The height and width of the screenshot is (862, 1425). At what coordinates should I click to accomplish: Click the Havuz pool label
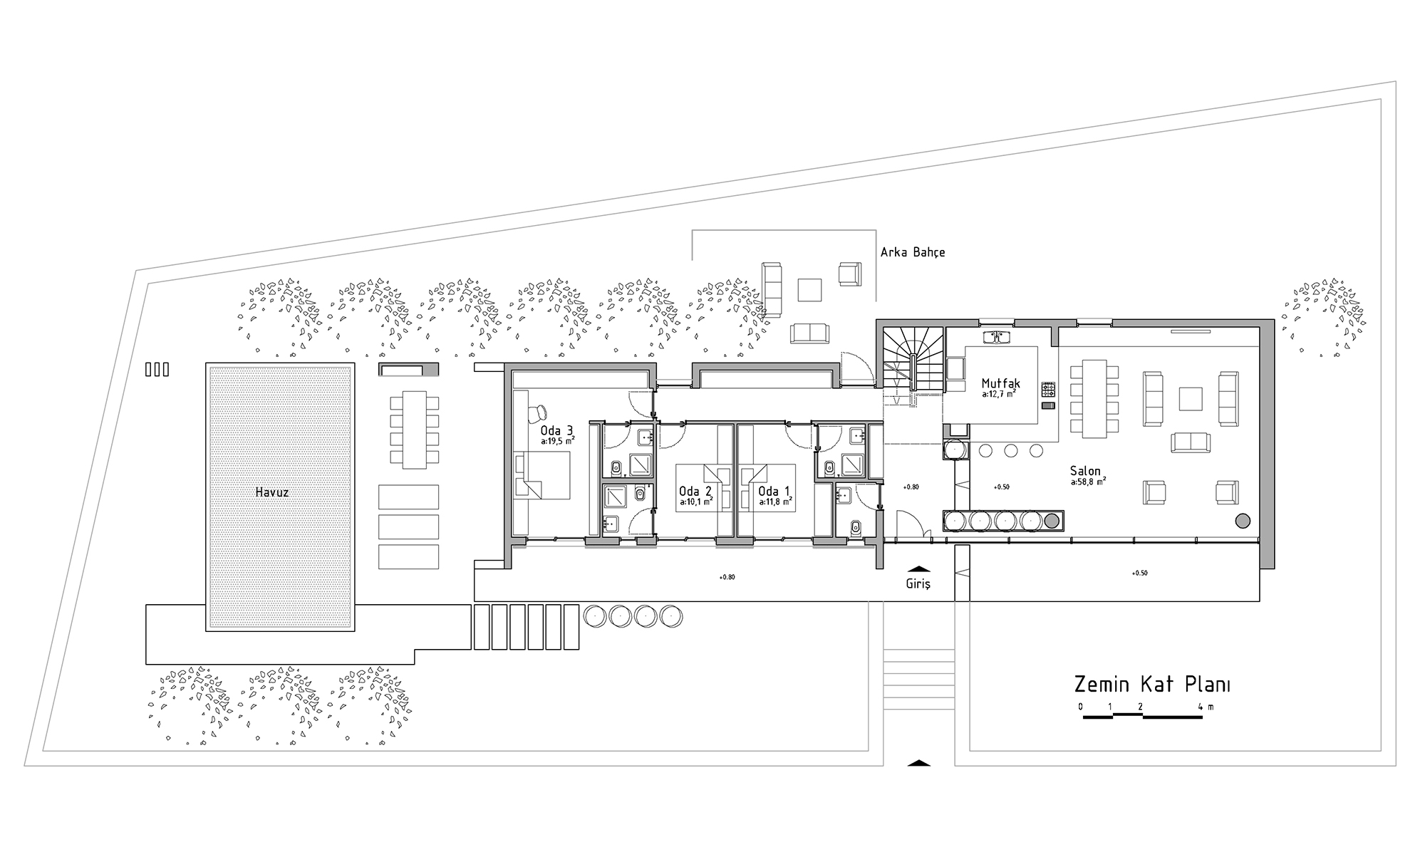pos(271,492)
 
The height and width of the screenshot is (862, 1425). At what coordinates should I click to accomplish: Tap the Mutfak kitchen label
pos(1000,384)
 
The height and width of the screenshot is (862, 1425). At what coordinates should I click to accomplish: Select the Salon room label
pos(1085,471)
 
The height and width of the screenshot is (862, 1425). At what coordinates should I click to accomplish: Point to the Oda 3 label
pos(556,430)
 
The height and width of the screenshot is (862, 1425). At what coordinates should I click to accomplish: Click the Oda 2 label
pos(695,491)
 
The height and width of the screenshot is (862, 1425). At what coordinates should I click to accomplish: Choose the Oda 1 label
pos(774,491)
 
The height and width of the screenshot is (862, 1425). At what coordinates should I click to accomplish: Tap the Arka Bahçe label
pos(913,252)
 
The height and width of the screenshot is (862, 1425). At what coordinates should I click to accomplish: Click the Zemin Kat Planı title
pos(1152,685)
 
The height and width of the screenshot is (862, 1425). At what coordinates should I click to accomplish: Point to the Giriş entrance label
pos(918,583)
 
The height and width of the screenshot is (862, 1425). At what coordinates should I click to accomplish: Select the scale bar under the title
pos(1143,716)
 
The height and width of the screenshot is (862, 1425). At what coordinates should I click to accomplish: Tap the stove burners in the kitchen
pos(1048,389)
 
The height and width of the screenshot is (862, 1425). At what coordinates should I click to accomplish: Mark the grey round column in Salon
pos(1242,521)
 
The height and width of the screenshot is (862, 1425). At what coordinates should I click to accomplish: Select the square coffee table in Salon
pos(1190,398)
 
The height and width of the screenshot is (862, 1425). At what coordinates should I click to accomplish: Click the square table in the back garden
pos(810,289)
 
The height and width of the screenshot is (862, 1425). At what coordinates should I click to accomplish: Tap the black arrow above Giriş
pos(919,568)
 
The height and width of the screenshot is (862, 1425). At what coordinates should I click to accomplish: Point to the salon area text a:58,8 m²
pos(1087,482)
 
